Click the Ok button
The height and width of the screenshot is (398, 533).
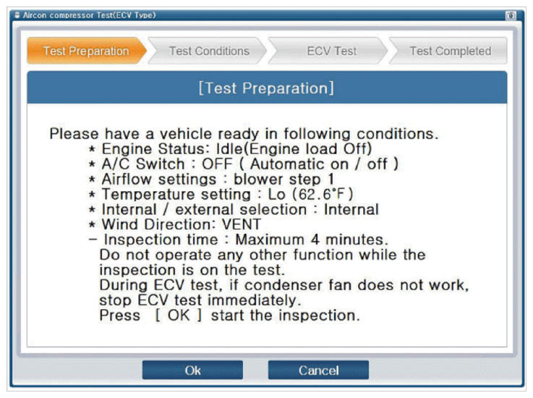tap(192, 370)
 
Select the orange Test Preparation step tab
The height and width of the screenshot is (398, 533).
tap(86, 51)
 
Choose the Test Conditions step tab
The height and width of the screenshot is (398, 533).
tap(208, 51)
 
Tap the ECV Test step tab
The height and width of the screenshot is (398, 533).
tap(329, 51)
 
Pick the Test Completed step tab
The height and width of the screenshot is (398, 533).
tap(448, 51)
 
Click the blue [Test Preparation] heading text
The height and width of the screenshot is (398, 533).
tap(266, 88)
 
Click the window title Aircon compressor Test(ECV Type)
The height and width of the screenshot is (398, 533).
tap(89, 15)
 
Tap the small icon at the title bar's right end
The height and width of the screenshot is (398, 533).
tap(511, 16)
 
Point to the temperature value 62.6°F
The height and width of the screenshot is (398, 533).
tap(321, 194)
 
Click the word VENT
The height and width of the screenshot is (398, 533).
tap(242, 224)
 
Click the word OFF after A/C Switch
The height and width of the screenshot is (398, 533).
tap(217, 164)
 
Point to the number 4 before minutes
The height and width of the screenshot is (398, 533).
tap(315, 240)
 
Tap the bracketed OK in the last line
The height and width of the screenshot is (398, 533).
tap(179, 316)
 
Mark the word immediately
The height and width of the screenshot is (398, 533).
tap(255, 300)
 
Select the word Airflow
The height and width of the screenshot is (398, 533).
tap(127, 179)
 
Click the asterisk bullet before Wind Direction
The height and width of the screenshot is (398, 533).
tap(92, 225)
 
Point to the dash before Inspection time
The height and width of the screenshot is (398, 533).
tap(93, 240)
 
